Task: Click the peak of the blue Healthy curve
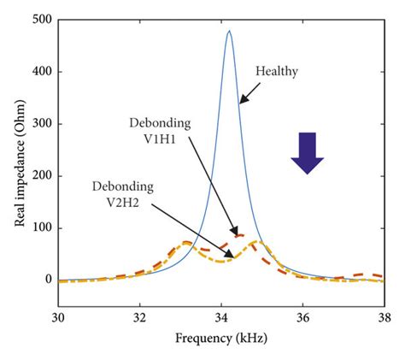pyautogui.click(x=229, y=32)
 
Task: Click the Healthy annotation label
pyautogui.click(x=276, y=72)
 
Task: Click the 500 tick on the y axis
pyautogui.click(x=39, y=20)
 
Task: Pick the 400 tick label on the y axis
pyautogui.click(x=39, y=72)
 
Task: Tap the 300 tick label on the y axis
pyautogui.click(x=39, y=124)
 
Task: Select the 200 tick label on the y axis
pyautogui.click(x=39, y=176)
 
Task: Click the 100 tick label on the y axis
pyautogui.click(x=39, y=228)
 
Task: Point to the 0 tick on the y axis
pyautogui.click(x=46, y=280)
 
